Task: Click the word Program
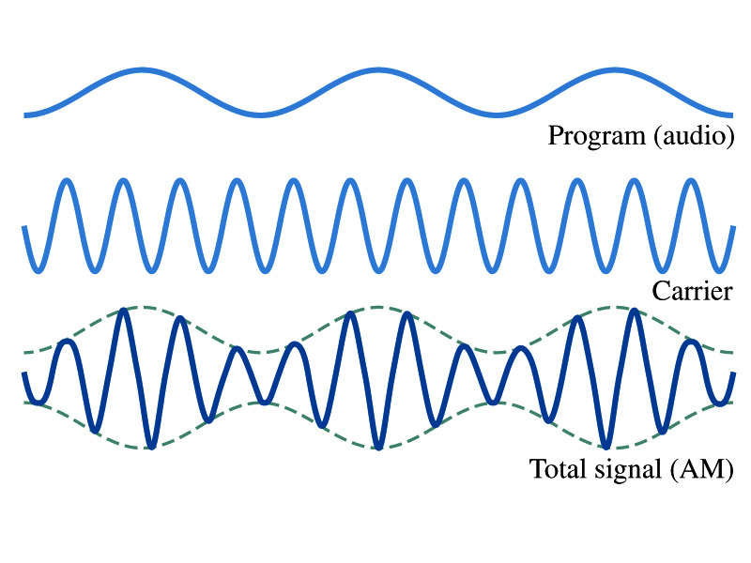click(x=597, y=136)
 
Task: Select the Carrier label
click(x=692, y=291)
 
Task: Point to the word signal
click(x=628, y=470)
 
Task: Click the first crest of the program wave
click(x=142, y=70)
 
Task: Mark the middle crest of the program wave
click(x=378, y=70)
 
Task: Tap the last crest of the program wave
click(x=615, y=70)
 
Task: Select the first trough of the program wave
click(x=260, y=114)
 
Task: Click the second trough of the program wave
click(x=497, y=114)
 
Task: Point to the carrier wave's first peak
click(x=67, y=181)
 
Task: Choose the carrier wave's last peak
click(x=691, y=181)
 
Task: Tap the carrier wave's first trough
click(x=38, y=271)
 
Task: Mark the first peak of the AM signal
click(x=67, y=342)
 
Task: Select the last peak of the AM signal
click(x=691, y=342)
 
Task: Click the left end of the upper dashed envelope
click(x=24, y=354)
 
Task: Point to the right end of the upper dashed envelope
click(x=732, y=353)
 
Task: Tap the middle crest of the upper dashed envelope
click(x=377, y=307)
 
